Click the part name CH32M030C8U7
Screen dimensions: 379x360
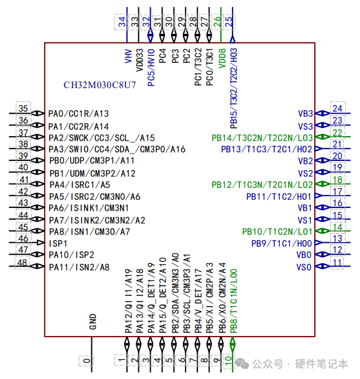pyautogui.click(x=99, y=85)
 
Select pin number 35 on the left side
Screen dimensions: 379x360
pyautogui.click(x=23, y=109)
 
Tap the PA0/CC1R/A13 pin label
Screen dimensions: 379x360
pyautogui.click(x=78, y=114)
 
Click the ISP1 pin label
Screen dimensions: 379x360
pyautogui.click(x=58, y=242)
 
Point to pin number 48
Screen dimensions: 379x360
pyautogui.click(x=23, y=263)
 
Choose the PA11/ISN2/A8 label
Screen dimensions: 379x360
pyautogui.click(x=79, y=267)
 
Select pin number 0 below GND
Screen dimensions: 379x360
pyautogui.click(x=86, y=360)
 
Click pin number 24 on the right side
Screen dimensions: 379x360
pyautogui.click(x=337, y=109)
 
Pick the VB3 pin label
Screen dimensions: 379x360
pyautogui.click(x=305, y=114)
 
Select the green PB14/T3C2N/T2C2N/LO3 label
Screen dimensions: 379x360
pyautogui.click(x=262, y=137)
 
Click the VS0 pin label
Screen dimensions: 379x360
pyautogui.click(x=305, y=267)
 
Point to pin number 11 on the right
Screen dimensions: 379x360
pyautogui.click(x=337, y=263)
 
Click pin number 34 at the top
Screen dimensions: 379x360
pyautogui.click(x=122, y=21)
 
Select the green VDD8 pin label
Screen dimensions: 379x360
pyautogui.click(x=222, y=59)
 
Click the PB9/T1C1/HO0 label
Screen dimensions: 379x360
pyautogui.click(x=282, y=243)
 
